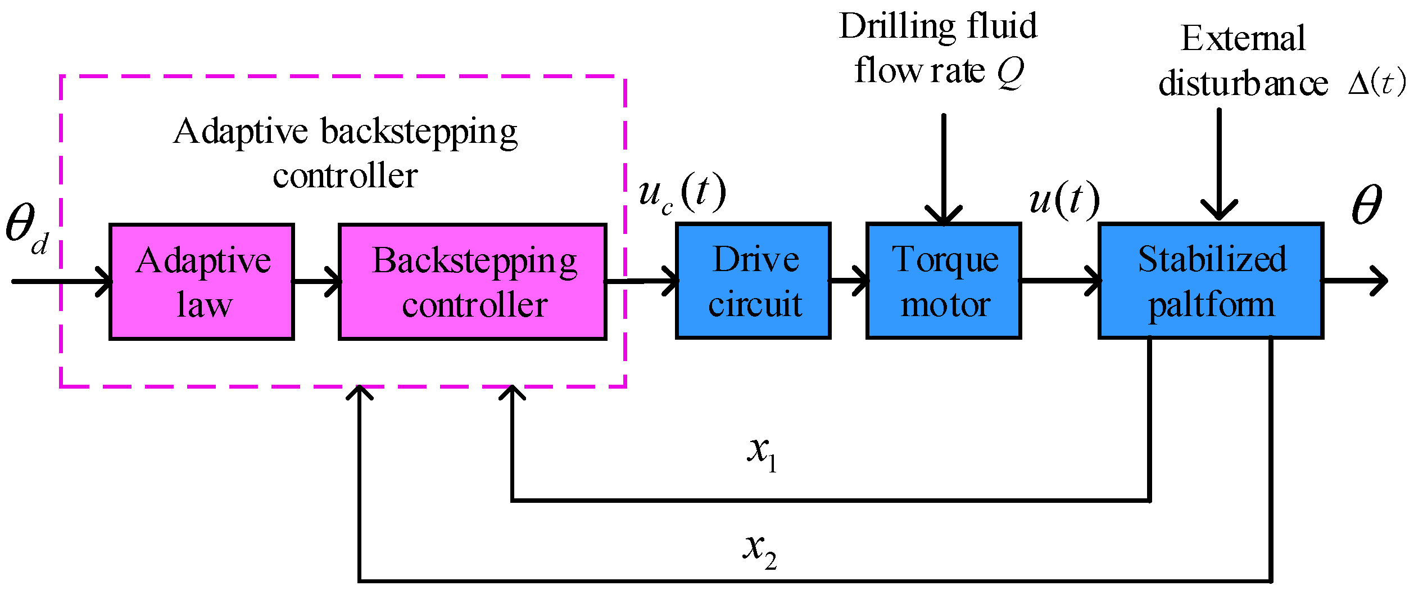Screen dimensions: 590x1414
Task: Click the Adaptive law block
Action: pyautogui.click(x=201, y=282)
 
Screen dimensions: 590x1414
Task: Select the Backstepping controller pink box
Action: pyautogui.click(x=472, y=282)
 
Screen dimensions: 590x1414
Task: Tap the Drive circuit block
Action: pyautogui.click(x=753, y=281)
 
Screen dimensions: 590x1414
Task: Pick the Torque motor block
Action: pyautogui.click(x=944, y=281)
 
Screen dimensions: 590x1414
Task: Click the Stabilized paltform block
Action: pyautogui.click(x=1211, y=281)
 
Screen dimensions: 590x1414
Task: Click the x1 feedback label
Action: pyautogui.click(x=762, y=453)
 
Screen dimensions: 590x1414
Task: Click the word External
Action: pyautogui.click(x=1243, y=38)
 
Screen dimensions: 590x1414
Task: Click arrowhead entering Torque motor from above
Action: pyautogui.click(x=944, y=216)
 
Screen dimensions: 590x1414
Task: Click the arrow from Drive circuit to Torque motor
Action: pyautogui.click(x=849, y=280)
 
